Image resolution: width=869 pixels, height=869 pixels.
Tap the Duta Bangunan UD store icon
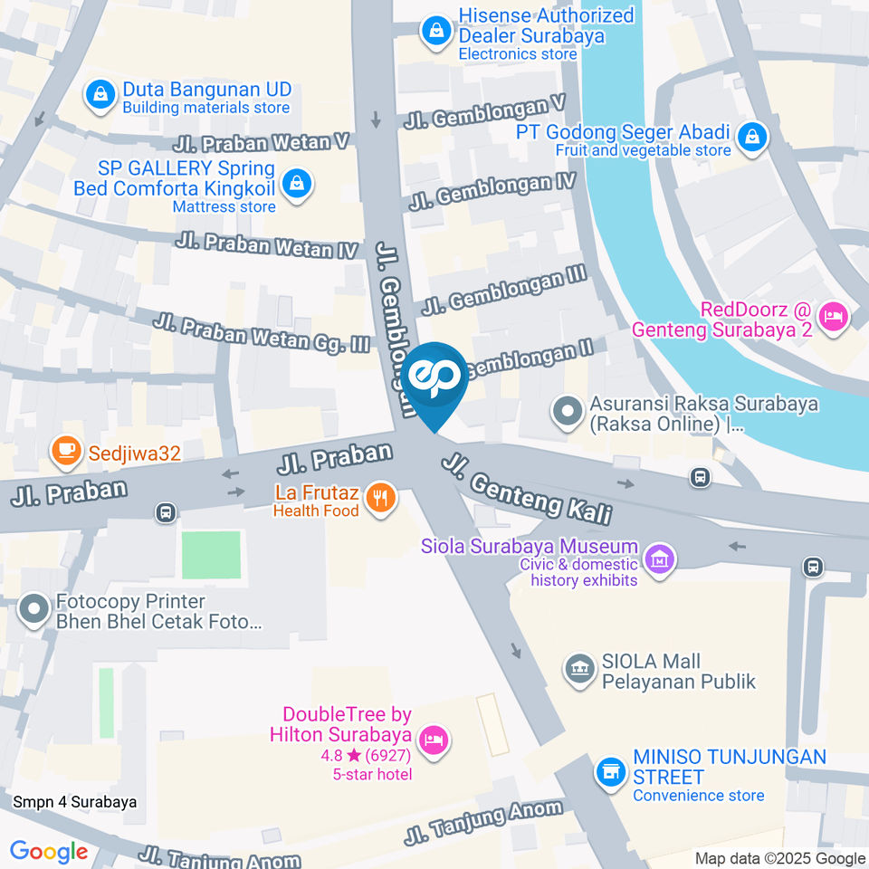click(x=99, y=93)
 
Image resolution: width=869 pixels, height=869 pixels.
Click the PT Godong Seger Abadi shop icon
click(x=751, y=138)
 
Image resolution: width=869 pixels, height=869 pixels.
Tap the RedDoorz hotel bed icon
click(x=832, y=317)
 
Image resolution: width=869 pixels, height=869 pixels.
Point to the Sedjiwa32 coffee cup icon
click(x=63, y=450)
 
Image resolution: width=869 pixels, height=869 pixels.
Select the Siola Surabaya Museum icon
click(x=661, y=558)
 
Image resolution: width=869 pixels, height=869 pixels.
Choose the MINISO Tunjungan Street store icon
click(x=611, y=772)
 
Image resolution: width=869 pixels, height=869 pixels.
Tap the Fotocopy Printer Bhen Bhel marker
click(x=34, y=610)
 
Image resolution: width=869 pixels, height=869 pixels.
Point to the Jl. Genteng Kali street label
click(x=527, y=490)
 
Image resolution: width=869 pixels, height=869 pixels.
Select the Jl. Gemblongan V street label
click(x=486, y=113)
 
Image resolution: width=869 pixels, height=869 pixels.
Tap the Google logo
click(x=49, y=852)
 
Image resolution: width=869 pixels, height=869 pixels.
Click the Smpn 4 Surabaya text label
click(x=75, y=802)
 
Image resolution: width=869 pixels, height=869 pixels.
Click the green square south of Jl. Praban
click(x=211, y=555)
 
